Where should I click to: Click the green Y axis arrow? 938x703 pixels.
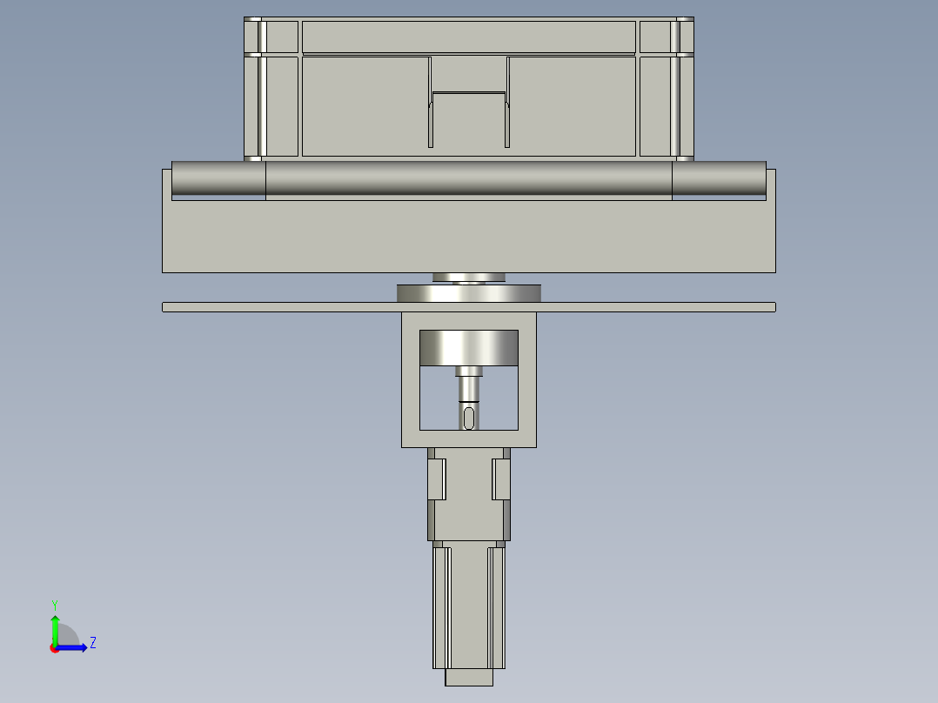(55, 628)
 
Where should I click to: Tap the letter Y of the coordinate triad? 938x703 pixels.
(55, 605)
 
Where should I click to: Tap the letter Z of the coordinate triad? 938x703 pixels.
(93, 643)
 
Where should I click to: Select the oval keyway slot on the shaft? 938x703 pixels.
(468, 418)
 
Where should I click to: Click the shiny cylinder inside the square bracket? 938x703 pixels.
(468, 348)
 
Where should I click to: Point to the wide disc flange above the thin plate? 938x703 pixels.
(468, 293)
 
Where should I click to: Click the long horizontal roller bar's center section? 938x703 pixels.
(468, 178)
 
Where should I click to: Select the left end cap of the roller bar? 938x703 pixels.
(218, 178)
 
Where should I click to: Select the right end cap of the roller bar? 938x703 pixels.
(719, 178)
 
